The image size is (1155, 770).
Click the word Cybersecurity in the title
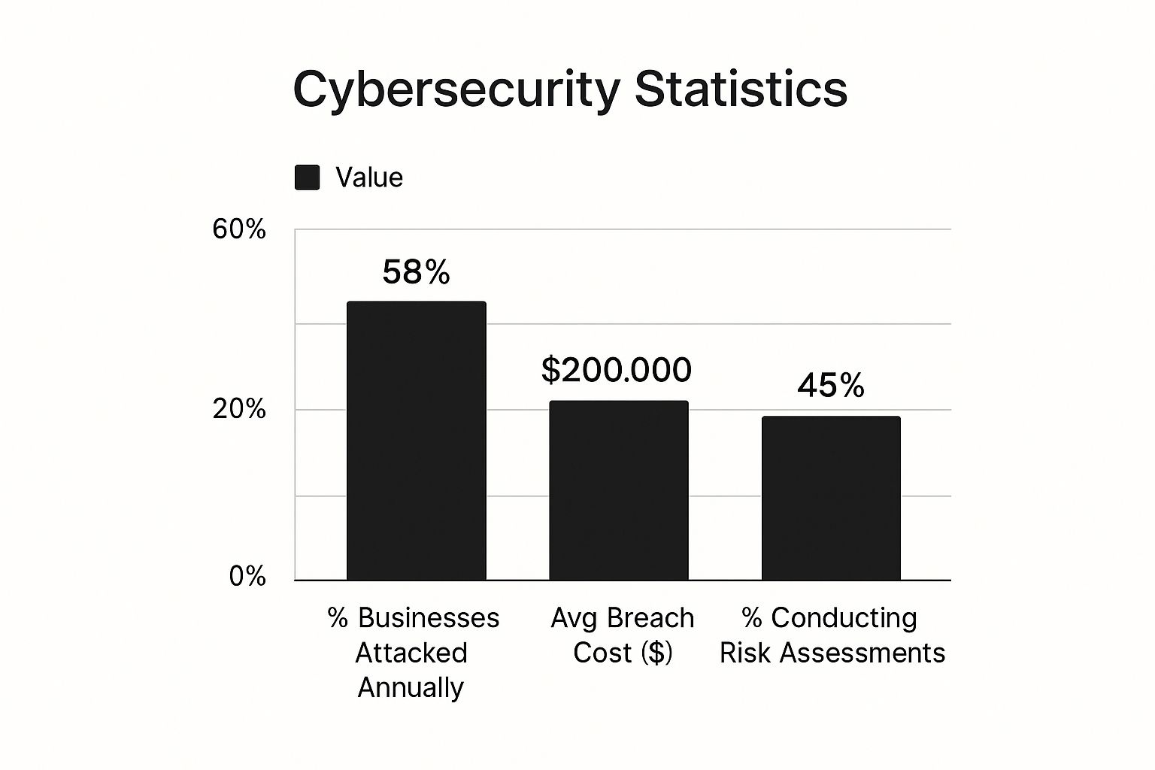click(x=456, y=89)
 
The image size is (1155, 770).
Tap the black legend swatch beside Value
click(x=307, y=177)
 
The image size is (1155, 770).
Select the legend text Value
click(x=369, y=177)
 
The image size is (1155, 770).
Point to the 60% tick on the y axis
click(x=239, y=229)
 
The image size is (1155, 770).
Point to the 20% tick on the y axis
click(x=239, y=409)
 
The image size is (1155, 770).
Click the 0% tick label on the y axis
click(x=247, y=577)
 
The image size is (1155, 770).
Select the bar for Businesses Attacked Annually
click(x=416, y=441)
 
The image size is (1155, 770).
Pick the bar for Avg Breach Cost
click(x=618, y=490)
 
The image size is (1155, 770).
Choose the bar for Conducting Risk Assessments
click(x=831, y=498)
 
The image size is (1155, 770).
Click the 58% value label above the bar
click(x=416, y=271)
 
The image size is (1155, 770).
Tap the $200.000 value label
click(x=616, y=370)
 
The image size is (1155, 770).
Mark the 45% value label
click(x=831, y=386)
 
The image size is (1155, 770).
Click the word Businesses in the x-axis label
click(x=429, y=618)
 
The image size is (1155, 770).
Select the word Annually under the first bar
click(x=411, y=687)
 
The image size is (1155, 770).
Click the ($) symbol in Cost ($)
click(x=656, y=653)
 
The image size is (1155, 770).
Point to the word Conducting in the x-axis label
click(x=844, y=618)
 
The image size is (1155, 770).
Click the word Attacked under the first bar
click(x=411, y=653)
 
